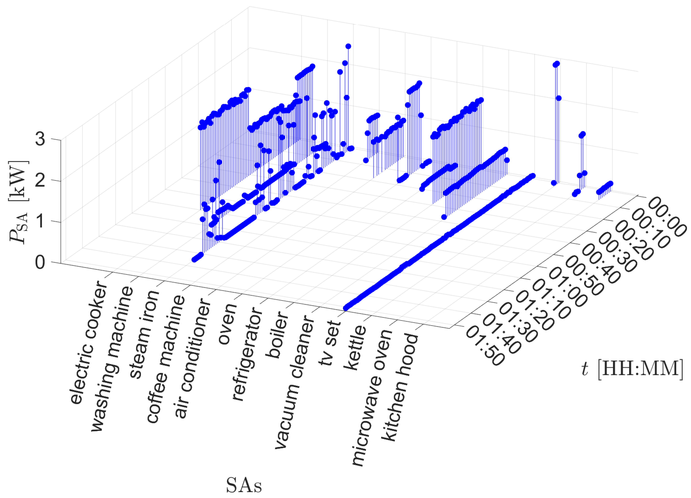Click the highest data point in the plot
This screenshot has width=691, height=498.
[x=348, y=46]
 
